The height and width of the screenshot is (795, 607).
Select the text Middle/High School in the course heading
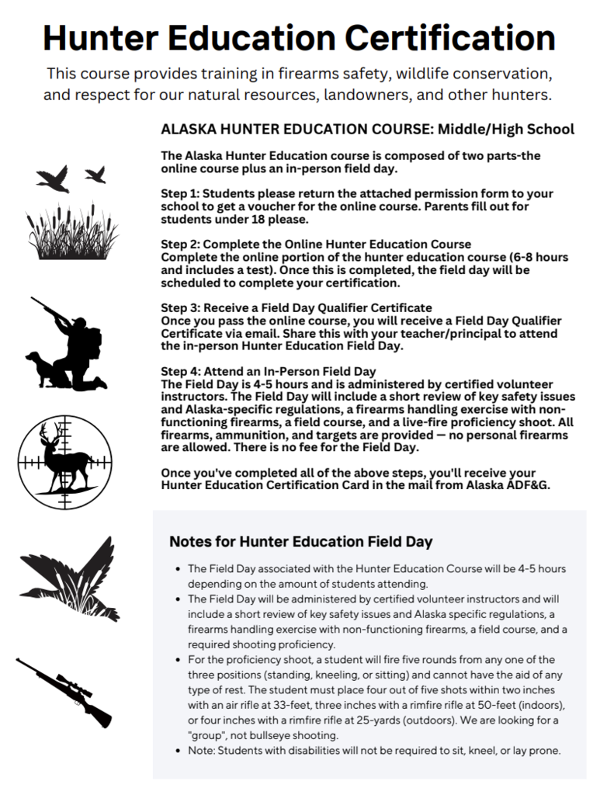pos(505,129)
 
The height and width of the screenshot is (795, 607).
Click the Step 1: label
pos(184,193)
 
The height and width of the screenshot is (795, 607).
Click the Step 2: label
pos(184,245)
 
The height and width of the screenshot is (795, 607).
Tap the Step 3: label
pos(184,308)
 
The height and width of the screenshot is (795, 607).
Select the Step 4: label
pos(184,371)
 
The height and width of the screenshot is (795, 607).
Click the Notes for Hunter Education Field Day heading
pos(300,541)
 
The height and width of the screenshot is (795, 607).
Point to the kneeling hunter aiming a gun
pos(78,342)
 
